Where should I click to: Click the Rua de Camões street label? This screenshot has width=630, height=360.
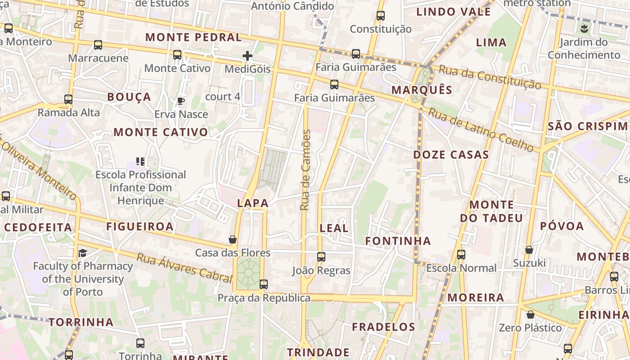306,170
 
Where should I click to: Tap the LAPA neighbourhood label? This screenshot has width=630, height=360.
253,203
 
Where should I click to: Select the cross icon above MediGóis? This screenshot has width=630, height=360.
247,56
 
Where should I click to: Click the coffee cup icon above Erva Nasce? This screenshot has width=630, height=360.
181,101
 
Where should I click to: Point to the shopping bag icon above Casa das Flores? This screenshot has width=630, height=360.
233,239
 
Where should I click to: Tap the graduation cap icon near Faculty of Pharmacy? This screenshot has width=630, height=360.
82,253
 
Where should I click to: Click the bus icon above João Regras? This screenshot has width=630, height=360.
321,257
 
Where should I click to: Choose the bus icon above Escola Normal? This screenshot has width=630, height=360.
461,255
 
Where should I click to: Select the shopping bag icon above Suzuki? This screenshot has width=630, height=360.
529,249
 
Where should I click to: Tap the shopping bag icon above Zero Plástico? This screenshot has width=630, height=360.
531,315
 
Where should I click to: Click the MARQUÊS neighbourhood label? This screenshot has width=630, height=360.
422,90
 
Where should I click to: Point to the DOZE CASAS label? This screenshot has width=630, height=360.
451,155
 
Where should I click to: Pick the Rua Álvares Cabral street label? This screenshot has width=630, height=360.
184,268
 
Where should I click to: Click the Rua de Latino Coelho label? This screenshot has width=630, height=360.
481,129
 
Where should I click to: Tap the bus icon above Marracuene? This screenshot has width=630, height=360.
98,45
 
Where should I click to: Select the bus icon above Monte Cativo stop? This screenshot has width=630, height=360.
177,55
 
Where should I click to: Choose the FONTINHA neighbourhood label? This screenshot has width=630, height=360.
398,241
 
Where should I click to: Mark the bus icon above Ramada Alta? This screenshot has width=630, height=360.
68,99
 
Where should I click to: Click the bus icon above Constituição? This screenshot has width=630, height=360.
381,16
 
